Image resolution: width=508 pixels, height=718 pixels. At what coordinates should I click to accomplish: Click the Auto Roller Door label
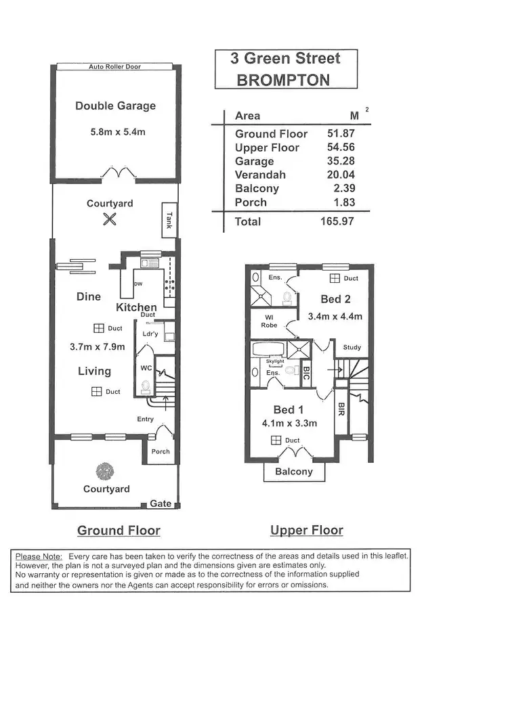point(114,67)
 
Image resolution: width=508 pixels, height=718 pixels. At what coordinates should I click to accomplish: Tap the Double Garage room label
point(115,106)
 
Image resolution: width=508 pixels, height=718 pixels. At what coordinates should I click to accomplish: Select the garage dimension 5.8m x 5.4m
point(118,132)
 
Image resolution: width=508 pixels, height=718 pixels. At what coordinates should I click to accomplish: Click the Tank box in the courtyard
point(168,220)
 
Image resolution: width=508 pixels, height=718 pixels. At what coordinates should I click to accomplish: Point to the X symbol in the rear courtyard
point(110,219)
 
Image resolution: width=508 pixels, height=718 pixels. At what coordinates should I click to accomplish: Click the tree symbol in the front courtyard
point(105,470)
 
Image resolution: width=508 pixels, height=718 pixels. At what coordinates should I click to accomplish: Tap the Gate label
point(161,503)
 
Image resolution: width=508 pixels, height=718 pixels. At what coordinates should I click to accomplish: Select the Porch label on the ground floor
point(161,451)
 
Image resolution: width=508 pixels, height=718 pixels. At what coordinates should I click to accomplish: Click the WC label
point(146,368)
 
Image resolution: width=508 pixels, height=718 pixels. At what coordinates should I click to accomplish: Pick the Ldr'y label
point(150,334)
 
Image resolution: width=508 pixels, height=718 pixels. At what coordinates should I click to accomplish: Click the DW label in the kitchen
point(137,284)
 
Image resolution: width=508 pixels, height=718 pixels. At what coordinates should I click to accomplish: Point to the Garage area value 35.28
point(341,161)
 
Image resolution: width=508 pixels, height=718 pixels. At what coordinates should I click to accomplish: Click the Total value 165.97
point(337,221)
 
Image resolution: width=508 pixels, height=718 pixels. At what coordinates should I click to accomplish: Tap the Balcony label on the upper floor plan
point(293,472)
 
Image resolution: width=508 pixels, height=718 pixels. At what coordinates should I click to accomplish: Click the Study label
point(352,347)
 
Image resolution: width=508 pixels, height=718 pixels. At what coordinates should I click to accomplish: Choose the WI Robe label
point(270,321)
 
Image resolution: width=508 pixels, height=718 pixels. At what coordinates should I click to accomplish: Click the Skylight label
point(275,361)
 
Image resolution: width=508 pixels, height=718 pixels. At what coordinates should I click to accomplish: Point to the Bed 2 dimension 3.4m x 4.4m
point(335,316)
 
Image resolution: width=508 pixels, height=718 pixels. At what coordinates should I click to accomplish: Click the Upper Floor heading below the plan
point(306,531)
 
